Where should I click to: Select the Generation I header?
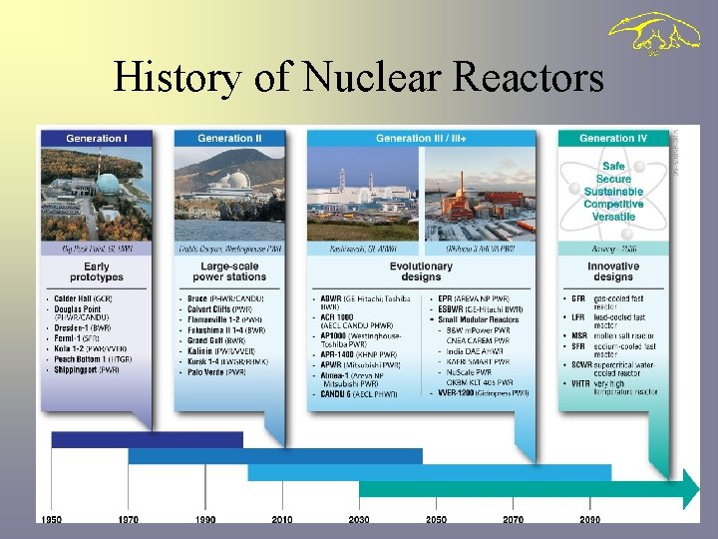pos(97,138)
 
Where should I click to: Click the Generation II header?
pos(229,138)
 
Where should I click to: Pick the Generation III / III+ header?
pos(423,138)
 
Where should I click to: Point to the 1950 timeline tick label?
pos(51,520)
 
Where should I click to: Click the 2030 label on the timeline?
pos(358,520)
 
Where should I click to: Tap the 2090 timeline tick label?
pos(589,520)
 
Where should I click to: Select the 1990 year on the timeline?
pos(204,520)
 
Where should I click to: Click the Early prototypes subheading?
pos(97,271)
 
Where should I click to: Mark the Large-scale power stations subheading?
pos(229,271)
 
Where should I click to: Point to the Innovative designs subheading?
pos(613,271)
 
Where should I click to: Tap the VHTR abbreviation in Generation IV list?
pos(580,383)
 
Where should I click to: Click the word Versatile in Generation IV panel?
pos(613,217)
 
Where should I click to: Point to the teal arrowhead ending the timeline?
pos(691,488)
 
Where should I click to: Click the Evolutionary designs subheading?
pos(423,271)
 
